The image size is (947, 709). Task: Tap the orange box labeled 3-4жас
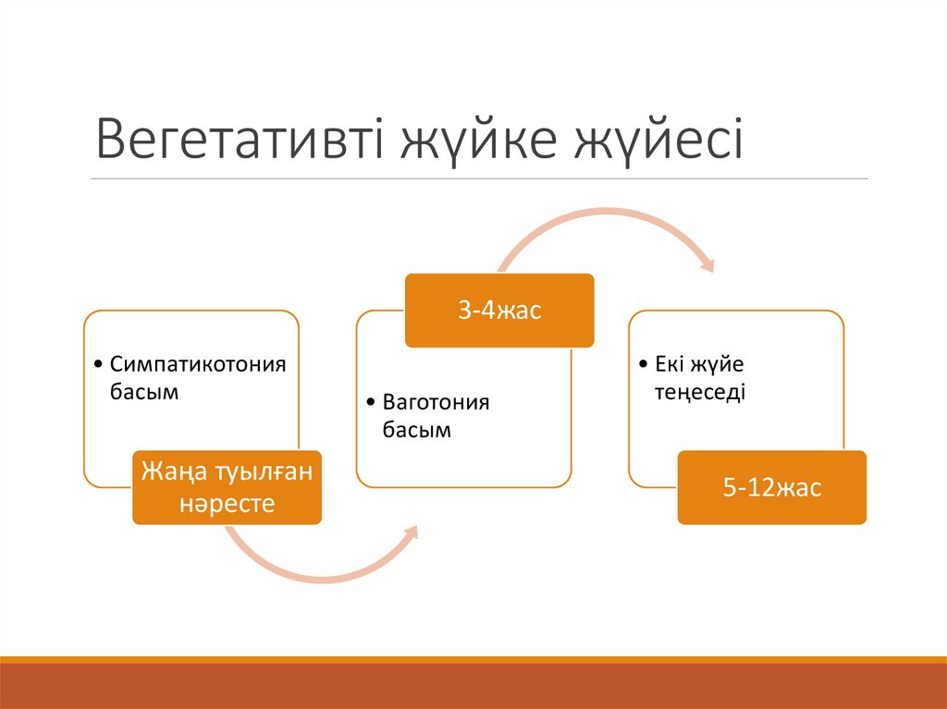pos(498,311)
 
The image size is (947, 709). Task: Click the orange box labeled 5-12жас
pos(771,487)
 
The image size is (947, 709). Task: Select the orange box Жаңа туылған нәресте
pos(227,487)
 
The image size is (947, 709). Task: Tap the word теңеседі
pos(700,392)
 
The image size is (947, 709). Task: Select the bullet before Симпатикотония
pos(100,363)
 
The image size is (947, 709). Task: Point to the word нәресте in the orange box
pos(227,504)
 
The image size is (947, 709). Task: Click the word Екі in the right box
pos(671,363)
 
